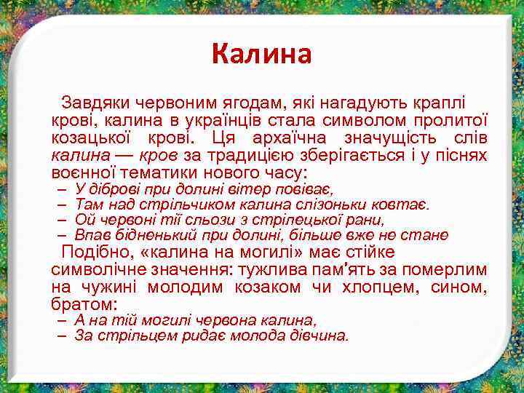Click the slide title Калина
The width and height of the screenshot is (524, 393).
(x=261, y=53)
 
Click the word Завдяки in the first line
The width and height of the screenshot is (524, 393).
(x=92, y=101)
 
